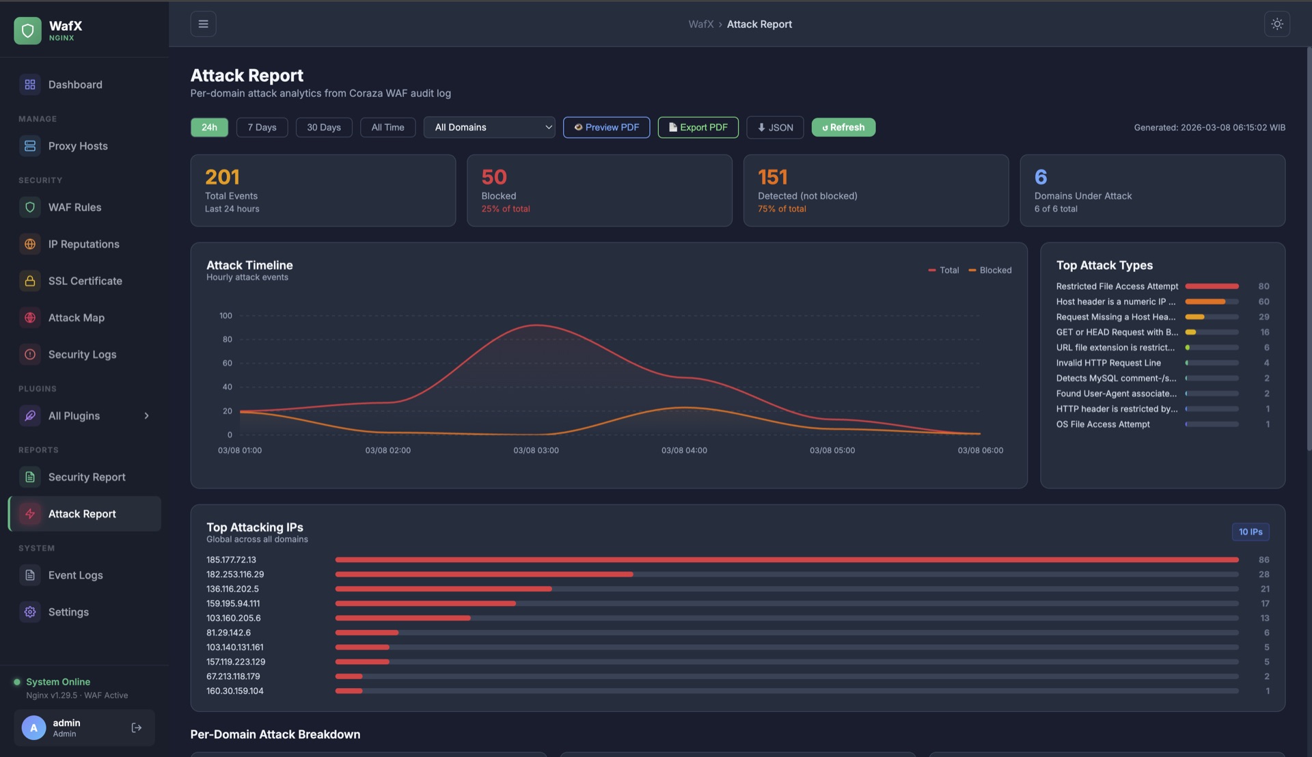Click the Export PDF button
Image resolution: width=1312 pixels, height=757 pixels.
pos(698,127)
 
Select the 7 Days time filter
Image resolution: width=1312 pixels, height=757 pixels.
pos(262,127)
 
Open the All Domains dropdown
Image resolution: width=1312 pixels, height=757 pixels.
pos(489,127)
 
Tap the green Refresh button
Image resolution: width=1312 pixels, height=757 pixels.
pos(843,127)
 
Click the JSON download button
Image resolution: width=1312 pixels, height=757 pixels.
pos(775,127)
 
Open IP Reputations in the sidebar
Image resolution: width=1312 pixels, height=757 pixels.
pos(83,244)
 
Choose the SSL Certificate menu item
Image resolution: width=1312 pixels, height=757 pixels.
pos(85,281)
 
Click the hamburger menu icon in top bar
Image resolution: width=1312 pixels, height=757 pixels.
pos(203,24)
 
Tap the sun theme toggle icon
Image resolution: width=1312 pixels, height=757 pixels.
pos(1276,24)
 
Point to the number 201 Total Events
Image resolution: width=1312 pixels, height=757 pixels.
pos(222,177)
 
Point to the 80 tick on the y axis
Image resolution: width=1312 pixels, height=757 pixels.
pos(227,340)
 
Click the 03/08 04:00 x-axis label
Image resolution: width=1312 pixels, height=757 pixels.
pos(684,450)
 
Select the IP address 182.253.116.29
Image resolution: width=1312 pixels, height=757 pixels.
pos(235,575)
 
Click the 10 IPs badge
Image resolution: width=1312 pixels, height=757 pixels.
pos(1250,532)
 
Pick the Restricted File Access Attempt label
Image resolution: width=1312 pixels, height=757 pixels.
pos(1117,286)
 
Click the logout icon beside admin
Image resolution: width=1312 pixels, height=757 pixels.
pos(137,728)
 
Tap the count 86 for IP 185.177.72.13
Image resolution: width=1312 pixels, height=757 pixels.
pos(1263,560)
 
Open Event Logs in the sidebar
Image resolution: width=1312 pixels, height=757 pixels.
pos(75,575)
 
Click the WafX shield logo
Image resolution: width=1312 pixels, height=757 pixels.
pos(27,30)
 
